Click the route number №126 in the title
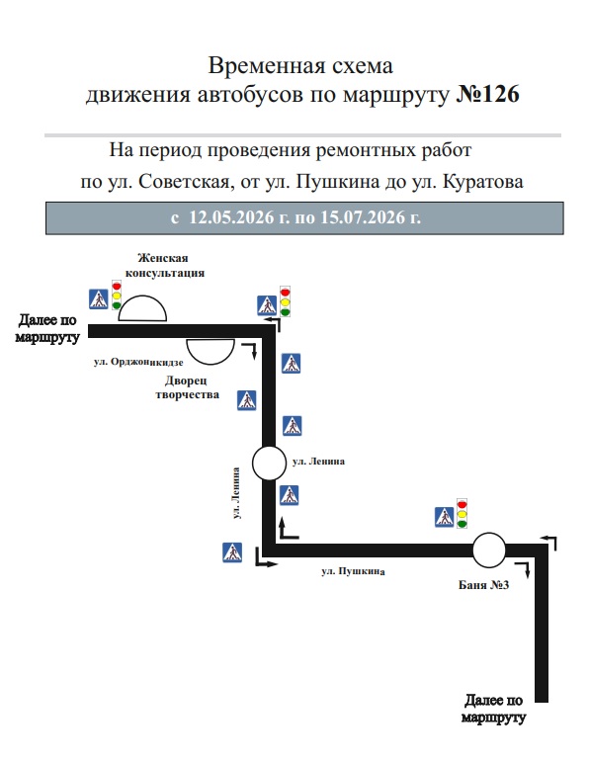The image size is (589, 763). coord(487,94)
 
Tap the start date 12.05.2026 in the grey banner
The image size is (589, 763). coord(231,217)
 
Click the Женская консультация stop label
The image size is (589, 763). coord(164,265)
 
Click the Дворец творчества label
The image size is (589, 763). coord(187,386)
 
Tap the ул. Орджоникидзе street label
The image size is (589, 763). coord(138,362)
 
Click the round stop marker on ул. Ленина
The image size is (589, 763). coord(269,463)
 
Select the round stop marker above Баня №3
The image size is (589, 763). coord(489,550)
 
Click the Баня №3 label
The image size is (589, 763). coord(483,584)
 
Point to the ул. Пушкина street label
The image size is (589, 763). coord(353,571)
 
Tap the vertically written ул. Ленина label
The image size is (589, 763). coord(236,493)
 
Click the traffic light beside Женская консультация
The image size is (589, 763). coord(117,295)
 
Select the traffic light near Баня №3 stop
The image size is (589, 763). coord(463,513)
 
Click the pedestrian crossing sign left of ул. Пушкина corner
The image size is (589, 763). coord(232,552)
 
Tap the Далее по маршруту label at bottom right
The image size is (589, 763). coord(494,708)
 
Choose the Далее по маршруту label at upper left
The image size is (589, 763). coord(47,328)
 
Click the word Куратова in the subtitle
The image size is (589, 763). coord(483,182)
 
